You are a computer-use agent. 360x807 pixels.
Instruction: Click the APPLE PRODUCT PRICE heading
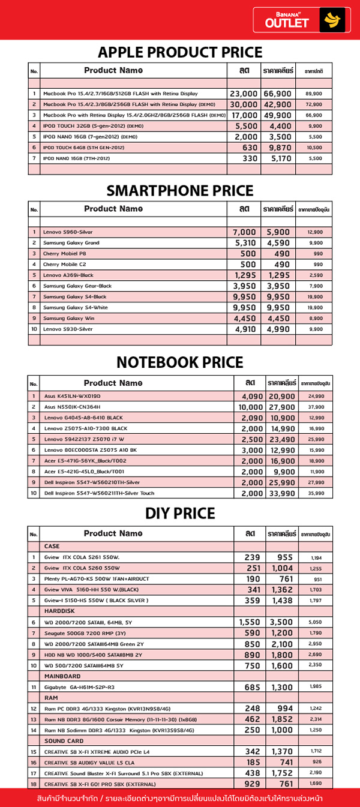[180, 52]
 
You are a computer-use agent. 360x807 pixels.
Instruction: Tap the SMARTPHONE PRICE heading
[180, 191]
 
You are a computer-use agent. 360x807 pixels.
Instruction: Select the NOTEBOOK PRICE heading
[180, 362]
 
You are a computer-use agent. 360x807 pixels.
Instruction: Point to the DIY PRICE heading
[180, 514]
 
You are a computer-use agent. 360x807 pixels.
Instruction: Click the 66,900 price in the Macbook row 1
[277, 94]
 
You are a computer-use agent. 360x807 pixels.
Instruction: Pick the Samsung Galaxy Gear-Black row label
[77, 286]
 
